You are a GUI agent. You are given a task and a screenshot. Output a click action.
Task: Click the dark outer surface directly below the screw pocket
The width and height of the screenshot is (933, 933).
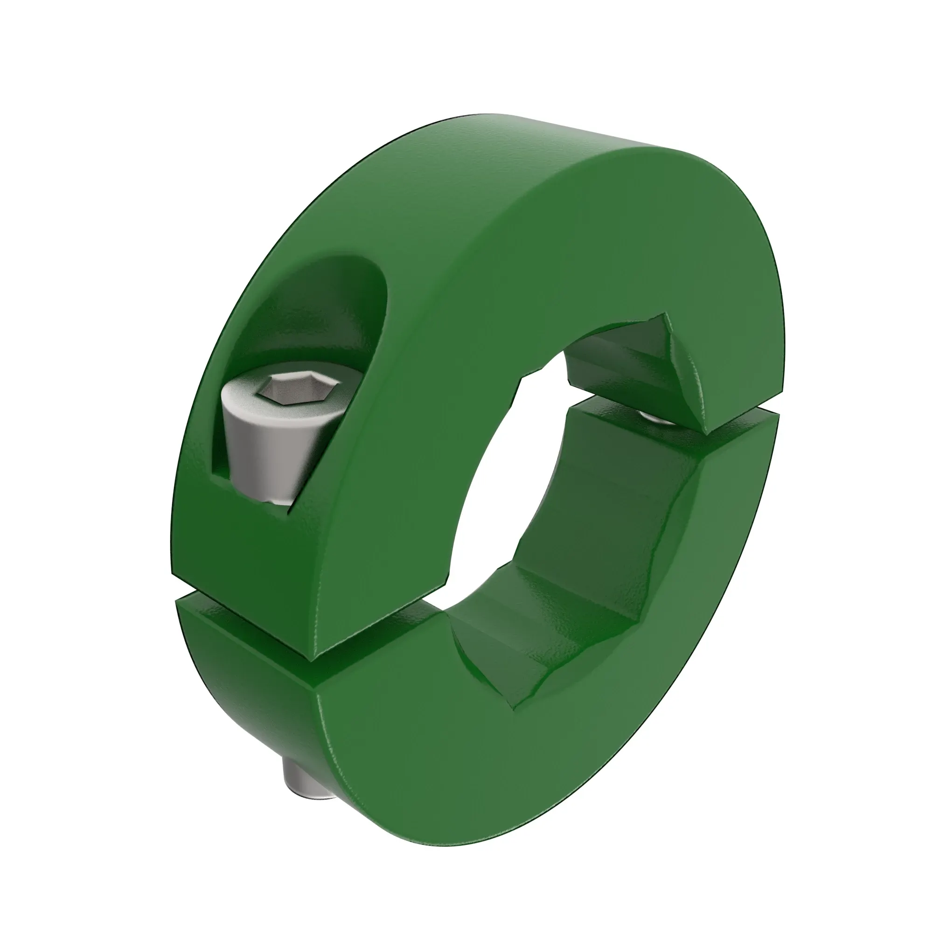[x=232, y=531]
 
